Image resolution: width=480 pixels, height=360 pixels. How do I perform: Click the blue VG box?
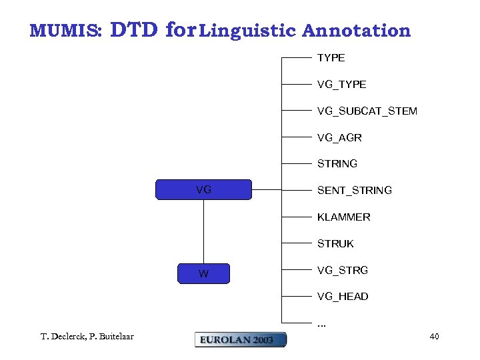click(203, 190)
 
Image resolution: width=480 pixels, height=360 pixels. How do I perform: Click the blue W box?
click(203, 274)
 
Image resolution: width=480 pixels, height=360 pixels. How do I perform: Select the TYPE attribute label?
click(331, 58)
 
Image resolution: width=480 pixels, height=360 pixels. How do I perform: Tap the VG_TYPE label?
click(341, 85)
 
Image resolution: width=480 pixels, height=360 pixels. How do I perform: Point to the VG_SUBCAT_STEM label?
click(367, 111)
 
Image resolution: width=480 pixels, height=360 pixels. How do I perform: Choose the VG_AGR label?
click(339, 138)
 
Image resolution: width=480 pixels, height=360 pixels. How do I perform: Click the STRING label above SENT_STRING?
click(337, 163)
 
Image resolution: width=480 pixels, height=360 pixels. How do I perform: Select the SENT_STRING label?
click(354, 191)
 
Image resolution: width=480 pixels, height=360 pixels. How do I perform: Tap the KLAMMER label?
click(343, 217)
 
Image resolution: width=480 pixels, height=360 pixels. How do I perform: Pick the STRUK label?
click(335, 244)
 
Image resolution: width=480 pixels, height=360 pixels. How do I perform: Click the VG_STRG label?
click(342, 270)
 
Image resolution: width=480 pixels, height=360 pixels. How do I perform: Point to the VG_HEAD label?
click(343, 297)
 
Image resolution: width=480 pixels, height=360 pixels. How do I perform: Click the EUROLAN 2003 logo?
click(240, 339)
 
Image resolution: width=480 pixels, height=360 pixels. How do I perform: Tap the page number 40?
click(434, 337)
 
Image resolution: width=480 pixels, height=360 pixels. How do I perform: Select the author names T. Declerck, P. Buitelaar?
click(87, 337)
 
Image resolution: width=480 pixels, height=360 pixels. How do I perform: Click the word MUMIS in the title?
click(65, 31)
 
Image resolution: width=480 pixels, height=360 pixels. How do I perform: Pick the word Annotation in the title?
click(356, 31)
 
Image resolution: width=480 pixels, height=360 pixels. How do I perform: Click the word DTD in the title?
click(134, 30)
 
